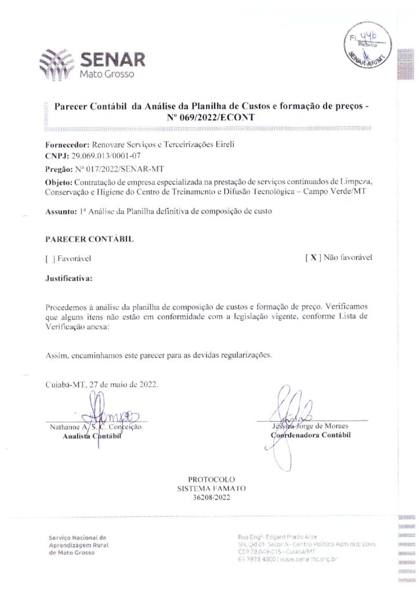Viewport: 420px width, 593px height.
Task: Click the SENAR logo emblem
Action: coord(57,64)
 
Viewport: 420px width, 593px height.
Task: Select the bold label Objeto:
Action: coord(59,182)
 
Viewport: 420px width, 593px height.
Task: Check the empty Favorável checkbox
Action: coord(48,259)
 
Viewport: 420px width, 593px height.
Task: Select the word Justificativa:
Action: coord(69,278)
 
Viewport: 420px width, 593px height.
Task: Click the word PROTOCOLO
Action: coord(211,479)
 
